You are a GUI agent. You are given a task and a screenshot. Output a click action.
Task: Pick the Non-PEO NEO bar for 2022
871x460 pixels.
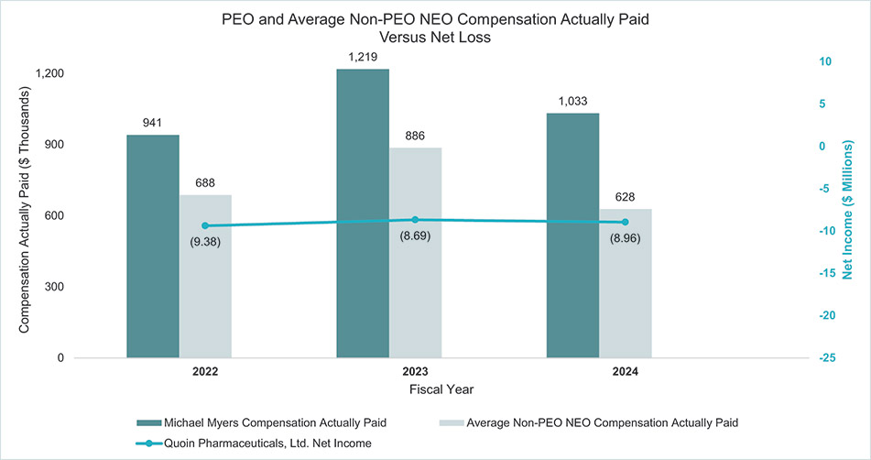205,276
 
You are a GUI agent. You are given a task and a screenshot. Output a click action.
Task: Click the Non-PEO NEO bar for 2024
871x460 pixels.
625,283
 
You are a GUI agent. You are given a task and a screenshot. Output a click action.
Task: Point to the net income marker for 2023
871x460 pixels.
415,220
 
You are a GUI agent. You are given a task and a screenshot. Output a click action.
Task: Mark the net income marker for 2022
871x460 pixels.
205,225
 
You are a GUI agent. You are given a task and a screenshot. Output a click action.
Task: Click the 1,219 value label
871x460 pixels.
363,57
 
